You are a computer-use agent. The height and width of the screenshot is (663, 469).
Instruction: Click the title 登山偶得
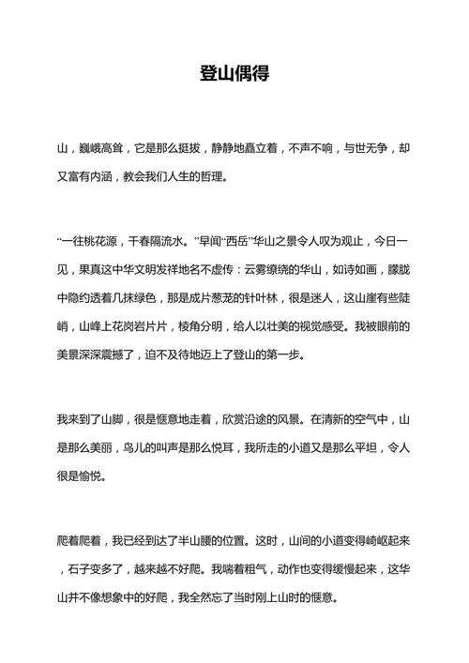pyautogui.click(x=234, y=73)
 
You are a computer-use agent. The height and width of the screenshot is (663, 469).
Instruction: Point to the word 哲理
pyautogui.click(x=213, y=175)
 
